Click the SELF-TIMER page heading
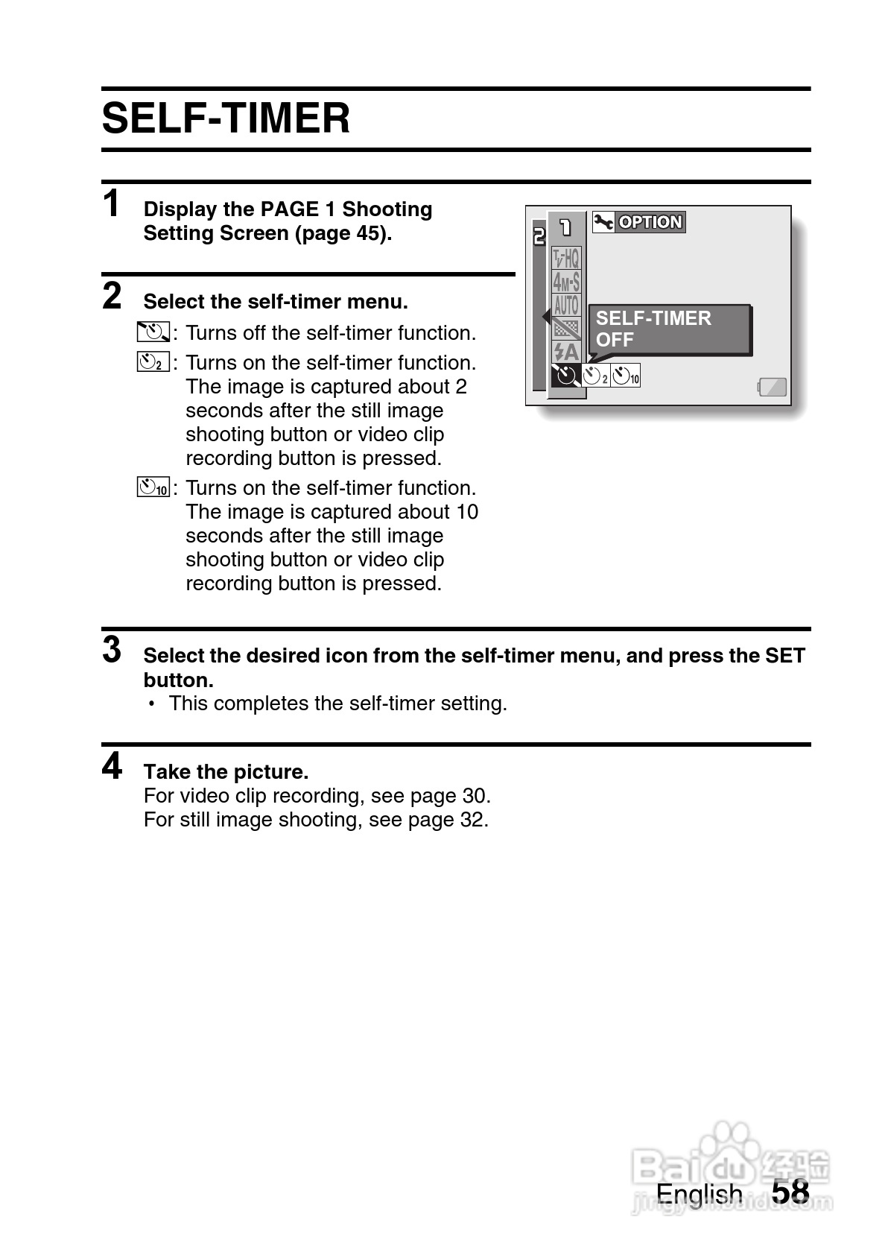[x=226, y=118]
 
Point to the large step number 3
[x=112, y=649]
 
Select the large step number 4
[x=112, y=765]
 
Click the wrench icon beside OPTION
[x=603, y=222]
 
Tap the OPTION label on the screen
[x=650, y=222]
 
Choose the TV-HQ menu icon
[x=566, y=258]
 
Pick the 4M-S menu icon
[x=566, y=282]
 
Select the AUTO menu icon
[x=566, y=305]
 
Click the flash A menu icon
[x=566, y=351]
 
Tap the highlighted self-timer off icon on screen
[x=566, y=375]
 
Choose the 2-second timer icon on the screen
[x=595, y=376]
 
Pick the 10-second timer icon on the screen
[x=626, y=376]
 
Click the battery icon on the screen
[x=773, y=386]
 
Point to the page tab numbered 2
[x=539, y=237]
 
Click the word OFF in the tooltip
[x=615, y=340]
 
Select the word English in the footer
[x=699, y=1193]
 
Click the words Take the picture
[x=226, y=771]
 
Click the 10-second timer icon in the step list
[x=153, y=488]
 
